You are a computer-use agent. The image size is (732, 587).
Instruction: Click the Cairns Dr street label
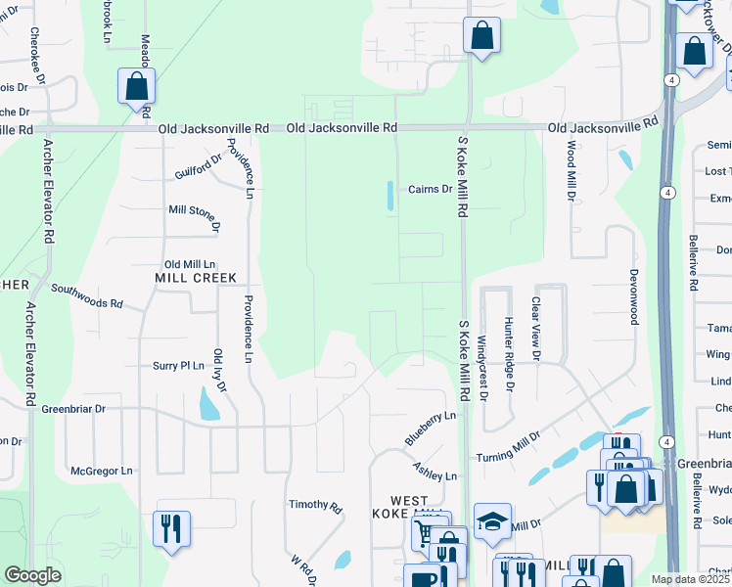(x=430, y=189)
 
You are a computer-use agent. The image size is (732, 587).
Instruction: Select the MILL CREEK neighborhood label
(x=196, y=278)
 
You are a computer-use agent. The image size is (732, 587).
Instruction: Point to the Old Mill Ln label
(x=190, y=264)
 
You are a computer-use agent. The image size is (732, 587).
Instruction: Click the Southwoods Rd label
(x=87, y=296)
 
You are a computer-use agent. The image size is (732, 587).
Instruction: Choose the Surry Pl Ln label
(x=177, y=366)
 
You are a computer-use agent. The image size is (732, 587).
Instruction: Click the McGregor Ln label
(x=101, y=471)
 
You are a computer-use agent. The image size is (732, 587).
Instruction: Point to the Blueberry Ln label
(x=431, y=429)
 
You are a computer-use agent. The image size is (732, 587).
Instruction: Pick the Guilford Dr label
(x=200, y=167)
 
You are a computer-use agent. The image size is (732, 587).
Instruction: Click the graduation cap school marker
(x=492, y=522)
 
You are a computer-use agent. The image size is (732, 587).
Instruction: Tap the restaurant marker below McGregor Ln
(x=171, y=528)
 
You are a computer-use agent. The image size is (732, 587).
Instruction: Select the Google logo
(x=33, y=575)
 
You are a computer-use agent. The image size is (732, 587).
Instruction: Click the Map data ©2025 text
(x=690, y=579)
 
